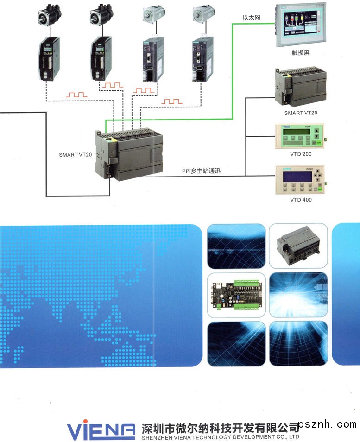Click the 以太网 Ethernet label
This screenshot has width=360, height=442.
(252, 18)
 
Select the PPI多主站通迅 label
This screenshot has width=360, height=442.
(201, 171)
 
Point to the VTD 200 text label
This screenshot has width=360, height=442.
(301, 154)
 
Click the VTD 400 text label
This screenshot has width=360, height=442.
(301, 200)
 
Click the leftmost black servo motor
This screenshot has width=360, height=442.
(50, 15)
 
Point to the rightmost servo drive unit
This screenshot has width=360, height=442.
(202, 58)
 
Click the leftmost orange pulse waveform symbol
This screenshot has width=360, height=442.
(77, 95)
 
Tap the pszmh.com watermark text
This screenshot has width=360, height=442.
(327, 424)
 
